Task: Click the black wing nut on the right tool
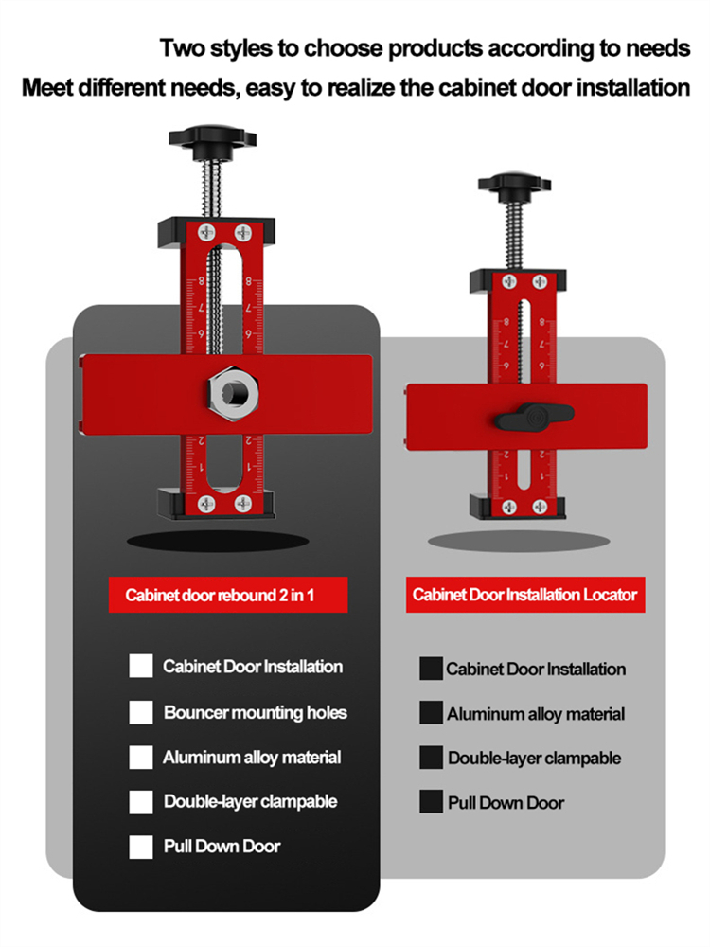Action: pos(537,414)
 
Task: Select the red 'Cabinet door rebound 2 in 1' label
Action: pos(228,596)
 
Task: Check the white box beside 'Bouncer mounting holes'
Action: pos(141,712)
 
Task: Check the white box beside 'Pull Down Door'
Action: pos(141,847)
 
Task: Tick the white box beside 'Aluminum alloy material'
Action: pos(141,758)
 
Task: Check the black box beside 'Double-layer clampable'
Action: pos(432,758)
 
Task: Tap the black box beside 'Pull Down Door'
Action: pos(432,802)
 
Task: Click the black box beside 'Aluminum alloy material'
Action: pos(432,714)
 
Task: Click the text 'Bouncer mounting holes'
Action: pos(255,712)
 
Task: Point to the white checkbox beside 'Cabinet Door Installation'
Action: pos(141,667)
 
